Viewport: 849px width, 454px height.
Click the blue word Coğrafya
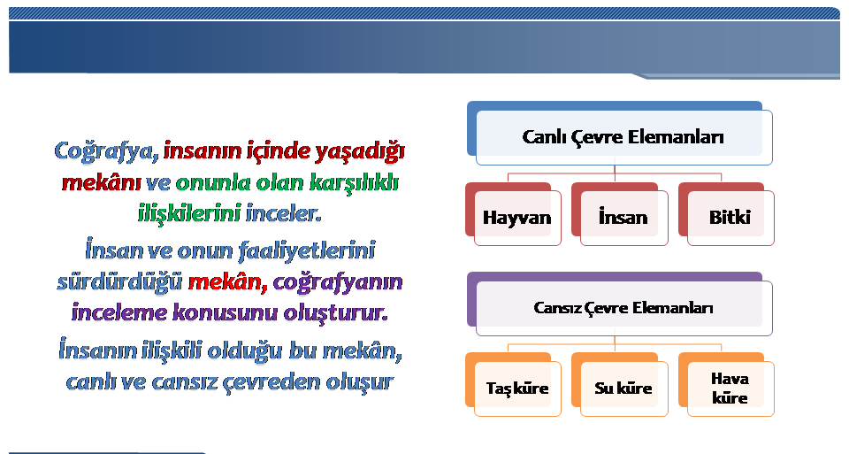point(106,151)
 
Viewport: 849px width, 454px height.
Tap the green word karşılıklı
point(354,182)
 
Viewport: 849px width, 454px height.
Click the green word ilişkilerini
point(189,213)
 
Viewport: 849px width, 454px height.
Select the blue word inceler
point(284,213)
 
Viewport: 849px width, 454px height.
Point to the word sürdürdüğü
point(119,282)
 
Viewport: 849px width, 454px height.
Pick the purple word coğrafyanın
point(338,282)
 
